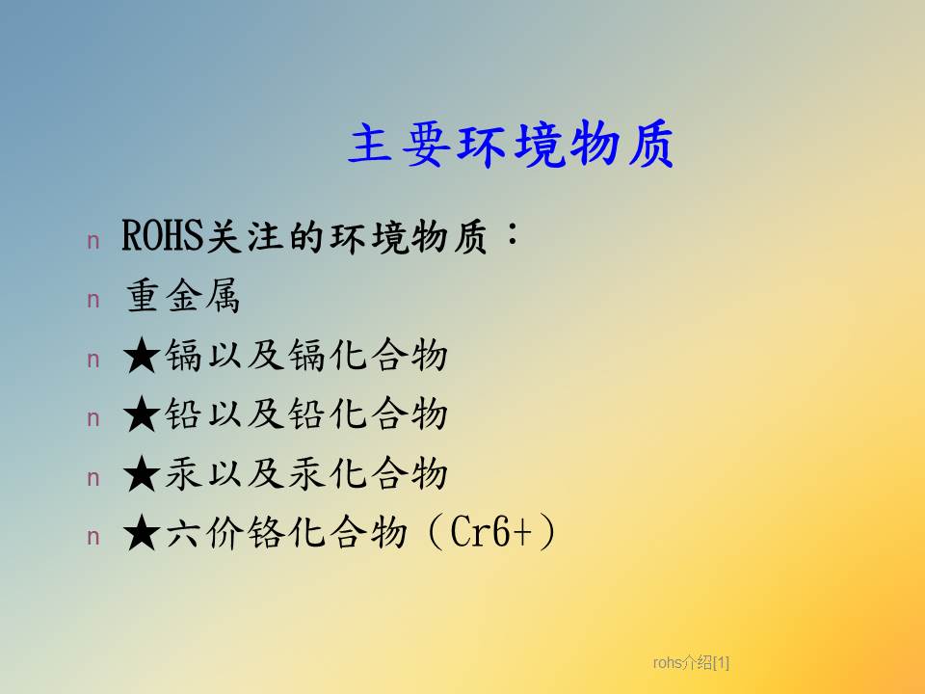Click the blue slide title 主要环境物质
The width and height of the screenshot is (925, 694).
pos(511,144)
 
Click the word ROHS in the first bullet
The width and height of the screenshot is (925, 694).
pos(162,236)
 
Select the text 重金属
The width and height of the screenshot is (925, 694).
pos(183,296)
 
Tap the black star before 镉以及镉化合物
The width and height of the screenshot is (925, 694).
pos(142,356)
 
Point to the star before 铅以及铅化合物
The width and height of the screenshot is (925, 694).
pos(142,414)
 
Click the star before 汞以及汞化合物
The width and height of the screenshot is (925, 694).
pos(142,474)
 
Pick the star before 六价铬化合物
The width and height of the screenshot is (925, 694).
pos(142,533)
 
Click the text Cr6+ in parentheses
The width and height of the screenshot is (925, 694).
pos(490,532)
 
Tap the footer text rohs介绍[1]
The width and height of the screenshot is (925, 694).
pos(691,663)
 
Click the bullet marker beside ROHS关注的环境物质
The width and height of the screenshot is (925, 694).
pos(93,241)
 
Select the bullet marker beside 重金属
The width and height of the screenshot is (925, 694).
pos(93,301)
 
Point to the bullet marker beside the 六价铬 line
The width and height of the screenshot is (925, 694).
pos(93,537)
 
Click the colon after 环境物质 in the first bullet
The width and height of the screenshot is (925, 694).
pos(512,234)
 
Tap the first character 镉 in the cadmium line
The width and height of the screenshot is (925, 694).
pos(183,356)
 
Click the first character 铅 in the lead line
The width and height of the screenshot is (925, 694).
pos(183,414)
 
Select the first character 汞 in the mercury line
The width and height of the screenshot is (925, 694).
pos(183,473)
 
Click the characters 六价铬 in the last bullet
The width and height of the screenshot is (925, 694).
pos(225,532)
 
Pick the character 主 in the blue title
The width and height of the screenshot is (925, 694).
pos(370,144)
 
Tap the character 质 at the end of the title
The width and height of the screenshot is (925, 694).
pos(650,144)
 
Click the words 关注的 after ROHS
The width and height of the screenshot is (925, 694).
pos(266,237)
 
